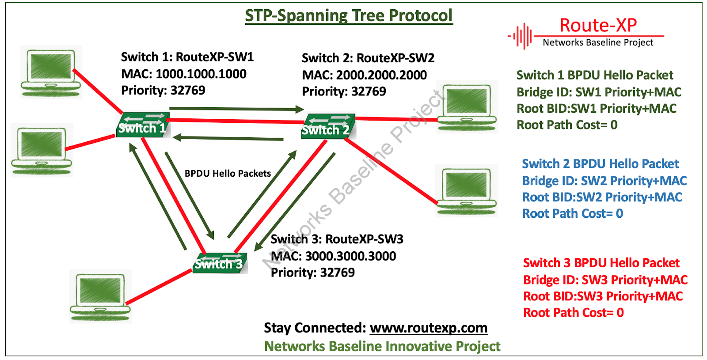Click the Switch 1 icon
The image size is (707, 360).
pyautogui.click(x=142, y=125)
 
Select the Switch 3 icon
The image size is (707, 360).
pyautogui.click(x=219, y=262)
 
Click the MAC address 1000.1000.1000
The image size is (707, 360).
pyautogui.click(x=201, y=74)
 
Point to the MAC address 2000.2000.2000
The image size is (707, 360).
pyautogui.click(x=381, y=75)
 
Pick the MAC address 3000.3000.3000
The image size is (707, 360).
pyautogui.click(x=350, y=256)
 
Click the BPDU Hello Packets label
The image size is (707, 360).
pyautogui.click(x=228, y=174)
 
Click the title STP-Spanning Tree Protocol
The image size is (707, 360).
pyautogui.click(x=349, y=16)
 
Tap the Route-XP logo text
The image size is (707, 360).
pyautogui.click(x=598, y=26)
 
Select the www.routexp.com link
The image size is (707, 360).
pyautogui.click(x=428, y=328)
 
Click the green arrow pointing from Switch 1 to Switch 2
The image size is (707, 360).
pyautogui.click(x=236, y=108)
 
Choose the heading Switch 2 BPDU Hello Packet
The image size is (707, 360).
pyautogui.click(x=600, y=164)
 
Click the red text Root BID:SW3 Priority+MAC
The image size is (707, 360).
pyautogui.click(x=603, y=296)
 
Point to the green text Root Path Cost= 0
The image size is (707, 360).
pyautogui.click(x=567, y=125)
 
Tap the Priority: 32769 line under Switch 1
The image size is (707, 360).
pyautogui.click(x=163, y=91)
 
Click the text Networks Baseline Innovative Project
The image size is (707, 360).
pyautogui.click(x=382, y=346)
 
